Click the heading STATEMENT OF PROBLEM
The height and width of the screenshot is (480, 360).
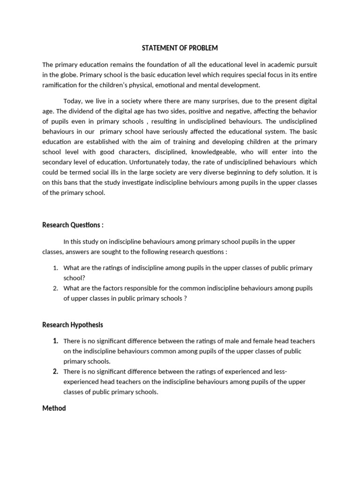(180, 48)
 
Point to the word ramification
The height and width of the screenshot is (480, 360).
(60, 85)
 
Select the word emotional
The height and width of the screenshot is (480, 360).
(177, 85)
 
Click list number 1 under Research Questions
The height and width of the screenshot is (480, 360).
(55, 268)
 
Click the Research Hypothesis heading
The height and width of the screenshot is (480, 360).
(73, 324)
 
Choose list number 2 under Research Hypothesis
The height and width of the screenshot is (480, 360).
(55, 372)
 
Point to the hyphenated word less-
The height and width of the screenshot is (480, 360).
(279, 372)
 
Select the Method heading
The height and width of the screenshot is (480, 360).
(54, 408)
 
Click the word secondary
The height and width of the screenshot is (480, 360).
(58, 162)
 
